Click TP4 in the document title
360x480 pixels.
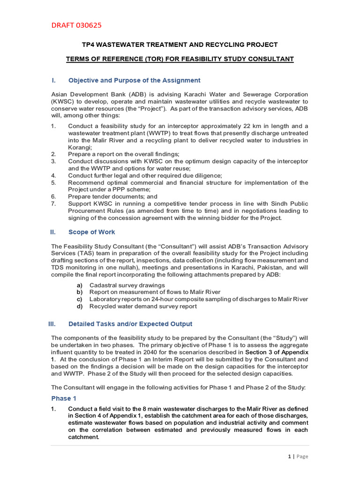pyautogui.click(x=88, y=45)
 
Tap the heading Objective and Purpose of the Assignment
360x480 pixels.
pyautogui.click(x=134, y=80)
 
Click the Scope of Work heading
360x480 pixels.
pyautogui.click(x=91, y=232)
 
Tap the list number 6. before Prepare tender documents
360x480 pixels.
pyautogui.click(x=53, y=197)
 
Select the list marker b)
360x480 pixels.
pyautogui.click(x=80, y=292)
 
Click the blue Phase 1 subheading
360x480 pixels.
pyautogui.click(x=64, y=398)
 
